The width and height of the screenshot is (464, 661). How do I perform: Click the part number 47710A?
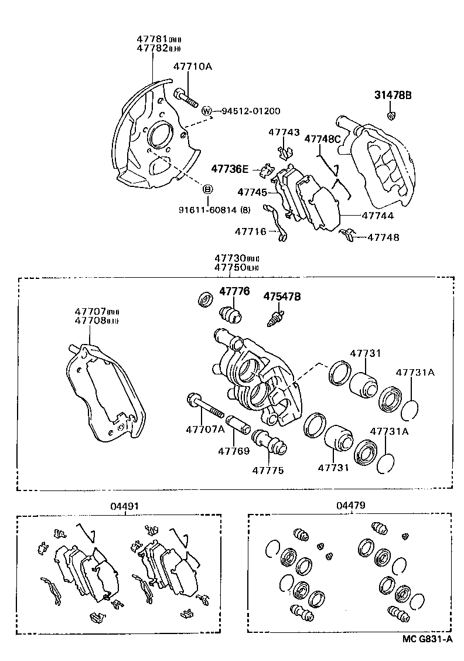[x=192, y=67]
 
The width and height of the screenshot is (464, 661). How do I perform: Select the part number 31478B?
[x=393, y=95]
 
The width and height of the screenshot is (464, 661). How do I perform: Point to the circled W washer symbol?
[x=206, y=111]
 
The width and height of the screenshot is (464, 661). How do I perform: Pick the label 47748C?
[x=322, y=139]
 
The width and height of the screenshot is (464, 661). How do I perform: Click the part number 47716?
[x=251, y=231]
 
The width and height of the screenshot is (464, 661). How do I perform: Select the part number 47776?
[x=234, y=291]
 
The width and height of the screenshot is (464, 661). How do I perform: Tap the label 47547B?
[x=282, y=297]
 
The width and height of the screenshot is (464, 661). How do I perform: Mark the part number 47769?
[x=234, y=451]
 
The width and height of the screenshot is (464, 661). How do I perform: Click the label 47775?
[x=268, y=470]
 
